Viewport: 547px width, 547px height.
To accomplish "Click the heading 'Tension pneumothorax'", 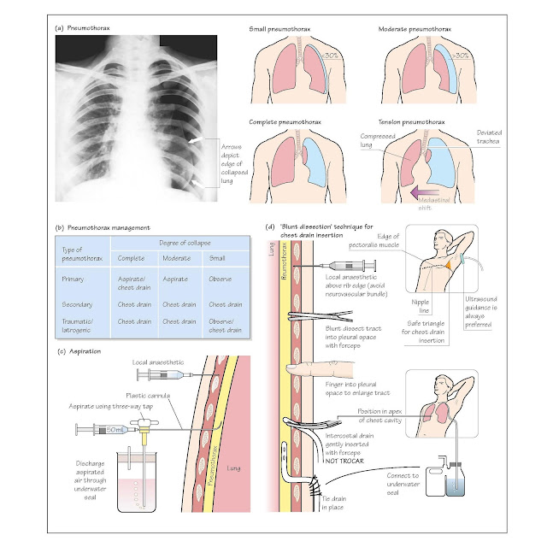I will click(414, 123).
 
